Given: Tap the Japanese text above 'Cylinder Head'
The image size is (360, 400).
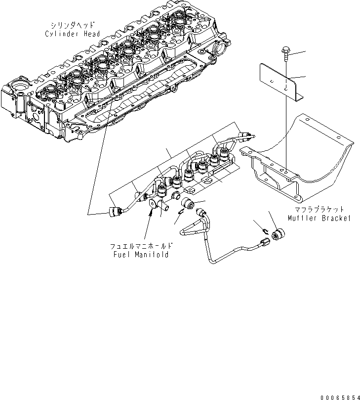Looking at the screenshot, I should point(74,25).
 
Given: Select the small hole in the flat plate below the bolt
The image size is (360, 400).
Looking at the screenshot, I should point(287,88).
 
